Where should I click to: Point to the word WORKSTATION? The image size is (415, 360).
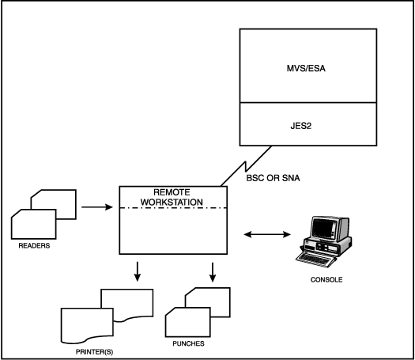[x=172, y=203]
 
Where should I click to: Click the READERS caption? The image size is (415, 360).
[x=28, y=245]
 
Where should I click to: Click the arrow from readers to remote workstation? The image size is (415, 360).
[x=96, y=209]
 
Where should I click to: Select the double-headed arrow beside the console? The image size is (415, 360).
[x=267, y=234]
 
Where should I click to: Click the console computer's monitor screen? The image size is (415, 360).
[x=324, y=230]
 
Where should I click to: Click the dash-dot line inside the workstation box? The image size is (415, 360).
[x=172, y=208]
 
